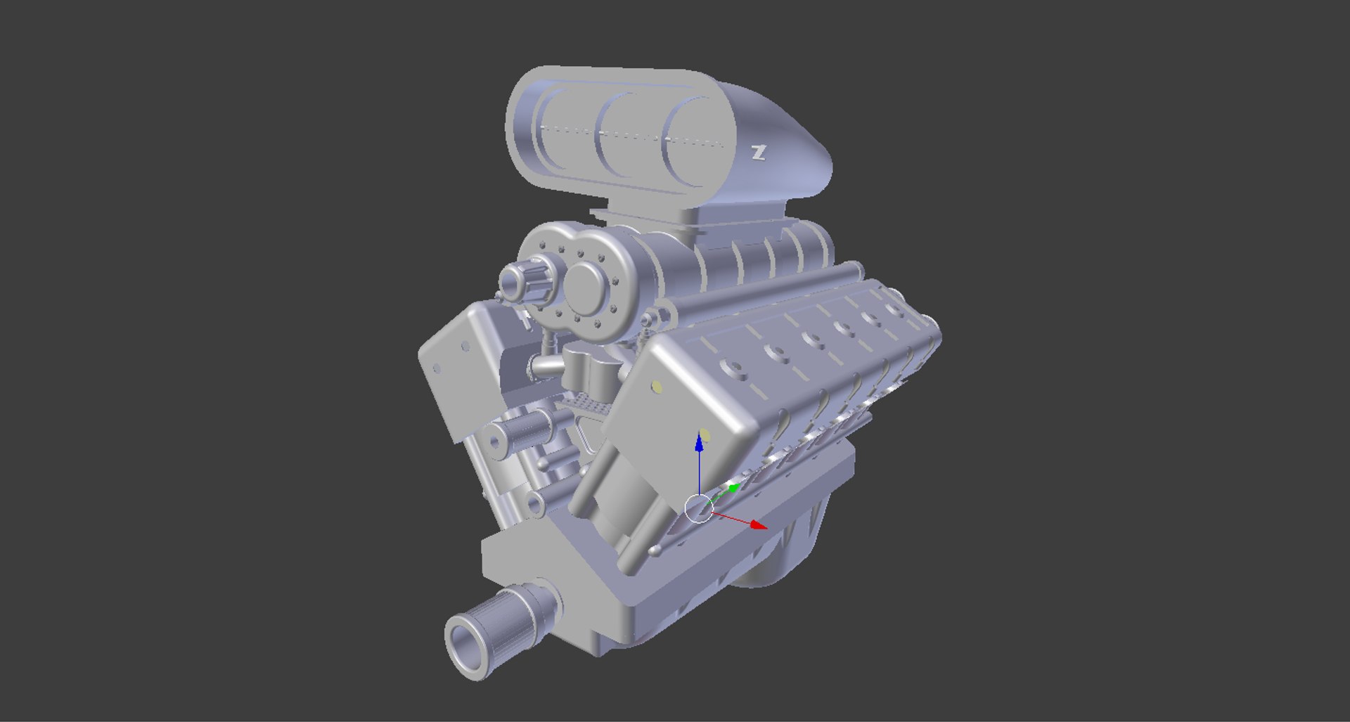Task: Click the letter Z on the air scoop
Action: coord(758,153)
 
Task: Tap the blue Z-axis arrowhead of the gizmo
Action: coord(699,442)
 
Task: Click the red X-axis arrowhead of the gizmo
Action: coord(759,524)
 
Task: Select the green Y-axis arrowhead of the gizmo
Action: coord(733,487)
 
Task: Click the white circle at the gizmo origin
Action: coord(698,508)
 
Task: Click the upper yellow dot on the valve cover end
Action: coord(657,386)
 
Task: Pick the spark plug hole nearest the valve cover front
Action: coord(734,368)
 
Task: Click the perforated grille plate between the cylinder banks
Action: coord(588,404)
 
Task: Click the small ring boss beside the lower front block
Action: coord(535,504)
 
